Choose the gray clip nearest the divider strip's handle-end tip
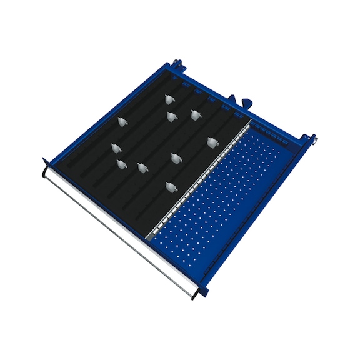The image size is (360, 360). click(x=169, y=186)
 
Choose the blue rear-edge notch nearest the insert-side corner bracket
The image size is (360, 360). click(x=185, y=82)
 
